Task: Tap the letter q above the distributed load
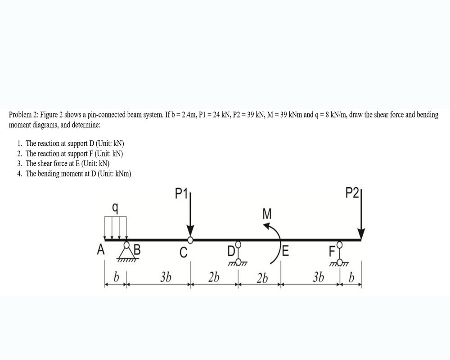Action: [116, 207]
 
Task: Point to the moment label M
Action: [266, 213]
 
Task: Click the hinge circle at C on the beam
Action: [190, 240]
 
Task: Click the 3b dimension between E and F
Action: [318, 277]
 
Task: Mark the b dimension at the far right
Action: [352, 276]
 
